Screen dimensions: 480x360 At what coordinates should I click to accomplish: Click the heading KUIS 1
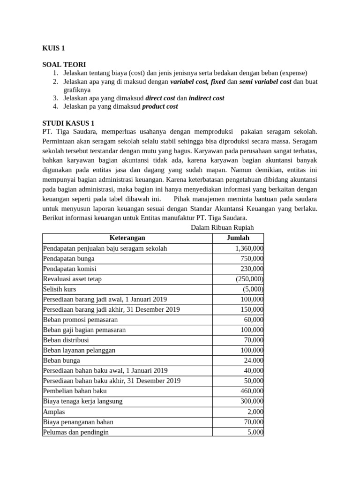coord(53,48)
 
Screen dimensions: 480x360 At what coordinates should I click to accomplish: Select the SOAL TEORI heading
coord(64,65)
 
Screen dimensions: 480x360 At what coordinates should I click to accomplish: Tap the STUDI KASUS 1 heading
coord(68,123)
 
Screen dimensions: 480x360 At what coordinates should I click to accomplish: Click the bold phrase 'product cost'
coord(160,106)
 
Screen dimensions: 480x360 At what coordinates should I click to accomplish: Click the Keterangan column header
coord(127,238)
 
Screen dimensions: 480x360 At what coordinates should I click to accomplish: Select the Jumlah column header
coord(238,238)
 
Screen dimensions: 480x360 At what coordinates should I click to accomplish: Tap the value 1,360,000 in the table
coord(249,248)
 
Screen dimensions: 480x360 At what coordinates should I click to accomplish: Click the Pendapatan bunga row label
coord(68,259)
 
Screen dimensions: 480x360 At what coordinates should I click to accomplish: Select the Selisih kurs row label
coord(60,289)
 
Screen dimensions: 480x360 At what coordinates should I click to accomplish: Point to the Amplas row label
coord(54,412)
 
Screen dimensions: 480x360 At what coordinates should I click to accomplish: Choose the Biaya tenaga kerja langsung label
coord(82,401)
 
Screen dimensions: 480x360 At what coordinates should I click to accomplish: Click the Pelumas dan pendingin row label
coord(76,432)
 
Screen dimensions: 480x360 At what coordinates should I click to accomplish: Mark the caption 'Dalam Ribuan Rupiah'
coord(222,227)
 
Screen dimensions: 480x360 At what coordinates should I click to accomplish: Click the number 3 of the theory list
coord(55,98)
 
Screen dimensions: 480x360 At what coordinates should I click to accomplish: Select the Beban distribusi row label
coord(66,340)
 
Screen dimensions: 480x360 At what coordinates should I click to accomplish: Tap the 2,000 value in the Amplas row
coord(255,412)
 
